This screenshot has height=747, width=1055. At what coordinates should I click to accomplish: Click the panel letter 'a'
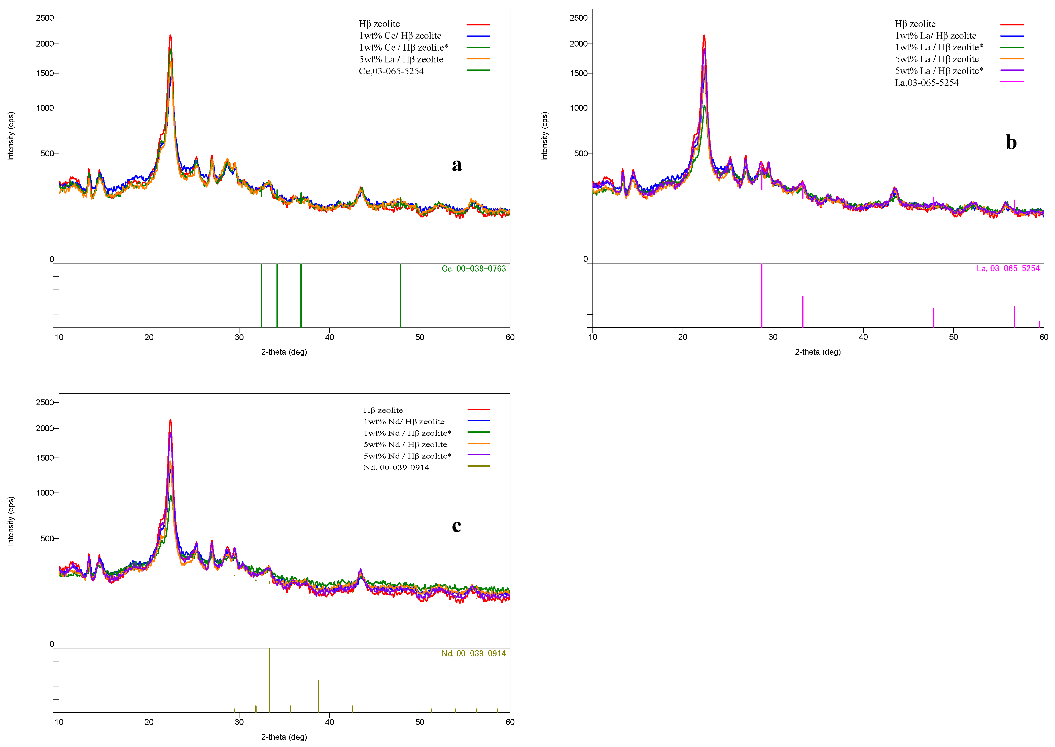point(456,165)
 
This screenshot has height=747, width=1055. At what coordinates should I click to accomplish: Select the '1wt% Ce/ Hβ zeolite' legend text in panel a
point(400,36)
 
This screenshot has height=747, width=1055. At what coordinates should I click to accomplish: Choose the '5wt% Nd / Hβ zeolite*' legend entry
point(407,456)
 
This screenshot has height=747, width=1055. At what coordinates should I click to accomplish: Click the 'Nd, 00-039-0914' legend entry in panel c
point(396,467)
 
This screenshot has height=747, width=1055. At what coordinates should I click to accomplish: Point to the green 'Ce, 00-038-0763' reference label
point(473,269)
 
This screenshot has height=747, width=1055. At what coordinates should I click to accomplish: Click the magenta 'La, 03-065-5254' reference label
point(1008,269)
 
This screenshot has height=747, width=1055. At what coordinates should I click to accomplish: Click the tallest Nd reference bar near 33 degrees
point(269,681)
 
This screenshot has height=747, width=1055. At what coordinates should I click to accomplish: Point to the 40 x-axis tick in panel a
point(329,337)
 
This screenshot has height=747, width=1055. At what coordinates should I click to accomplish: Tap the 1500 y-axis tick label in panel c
point(45,458)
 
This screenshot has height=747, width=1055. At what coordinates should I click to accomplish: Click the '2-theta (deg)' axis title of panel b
point(818,352)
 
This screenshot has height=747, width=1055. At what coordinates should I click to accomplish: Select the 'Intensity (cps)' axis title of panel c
point(11,521)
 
